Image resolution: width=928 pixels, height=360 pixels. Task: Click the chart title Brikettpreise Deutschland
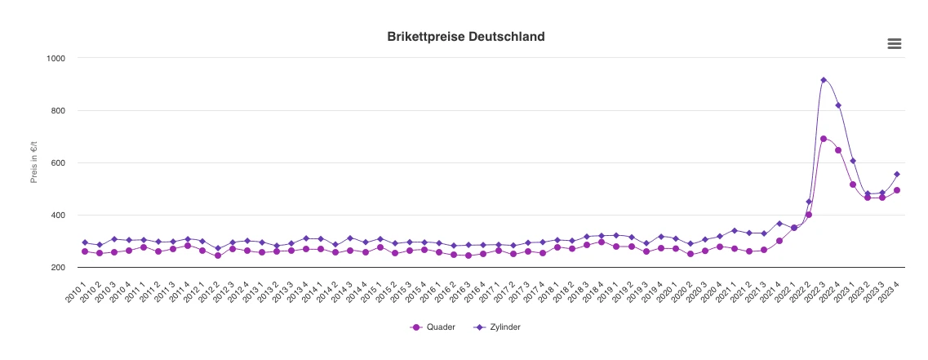pyautogui.click(x=465, y=37)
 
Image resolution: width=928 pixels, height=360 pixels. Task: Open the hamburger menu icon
pyautogui.click(x=895, y=44)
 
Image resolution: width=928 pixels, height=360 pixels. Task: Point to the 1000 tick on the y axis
pyautogui.click(x=56, y=58)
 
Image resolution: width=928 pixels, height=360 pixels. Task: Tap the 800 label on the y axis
pyautogui.click(x=58, y=110)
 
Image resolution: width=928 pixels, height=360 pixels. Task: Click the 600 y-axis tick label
pyautogui.click(x=58, y=162)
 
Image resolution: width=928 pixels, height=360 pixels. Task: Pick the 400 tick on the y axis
pyautogui.click(x=58, y=215)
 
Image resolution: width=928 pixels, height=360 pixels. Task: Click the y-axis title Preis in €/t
pyautogui.click(x=34, y=162)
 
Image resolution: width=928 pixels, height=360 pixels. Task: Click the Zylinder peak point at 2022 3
pyautogui.click(x=824, y=80)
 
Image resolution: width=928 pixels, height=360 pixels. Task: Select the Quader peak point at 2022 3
pyautogui.click(x=824, y=139)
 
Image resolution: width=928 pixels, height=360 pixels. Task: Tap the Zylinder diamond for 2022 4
pyautogui.click(x=838, y=105)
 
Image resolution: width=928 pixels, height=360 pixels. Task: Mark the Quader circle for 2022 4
pyautogui.click(x=838, y=150)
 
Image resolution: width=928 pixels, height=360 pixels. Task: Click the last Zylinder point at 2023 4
pyautogui.click(x=897, y=174)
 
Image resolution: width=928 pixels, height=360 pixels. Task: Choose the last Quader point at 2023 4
pyautogui.click(x=897, y=190)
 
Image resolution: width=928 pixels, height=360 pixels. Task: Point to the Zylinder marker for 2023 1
pyautogui.click(x=853, y=161)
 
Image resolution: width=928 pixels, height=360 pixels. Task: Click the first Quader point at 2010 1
pyautogui.click(x=85, y=251)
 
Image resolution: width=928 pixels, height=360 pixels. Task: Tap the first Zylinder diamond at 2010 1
pyautogui.click(x=85, y=242)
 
